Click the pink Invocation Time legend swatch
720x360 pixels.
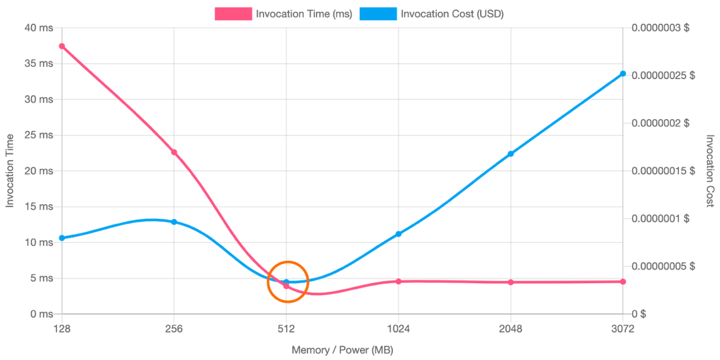233,14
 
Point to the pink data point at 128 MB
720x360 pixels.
62,46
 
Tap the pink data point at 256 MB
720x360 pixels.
174,152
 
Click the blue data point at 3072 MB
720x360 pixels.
623,74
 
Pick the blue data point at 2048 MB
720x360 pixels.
511,154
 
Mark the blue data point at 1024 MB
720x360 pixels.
399,234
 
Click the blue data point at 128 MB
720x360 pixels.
61,238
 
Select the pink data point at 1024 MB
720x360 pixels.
399,281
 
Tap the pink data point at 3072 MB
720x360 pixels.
623,281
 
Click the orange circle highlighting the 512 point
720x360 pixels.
288,281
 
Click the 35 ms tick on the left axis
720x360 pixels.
39,64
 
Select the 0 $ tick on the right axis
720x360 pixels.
639,314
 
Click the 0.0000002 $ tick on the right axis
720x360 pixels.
660,123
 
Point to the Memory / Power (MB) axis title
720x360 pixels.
343,350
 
